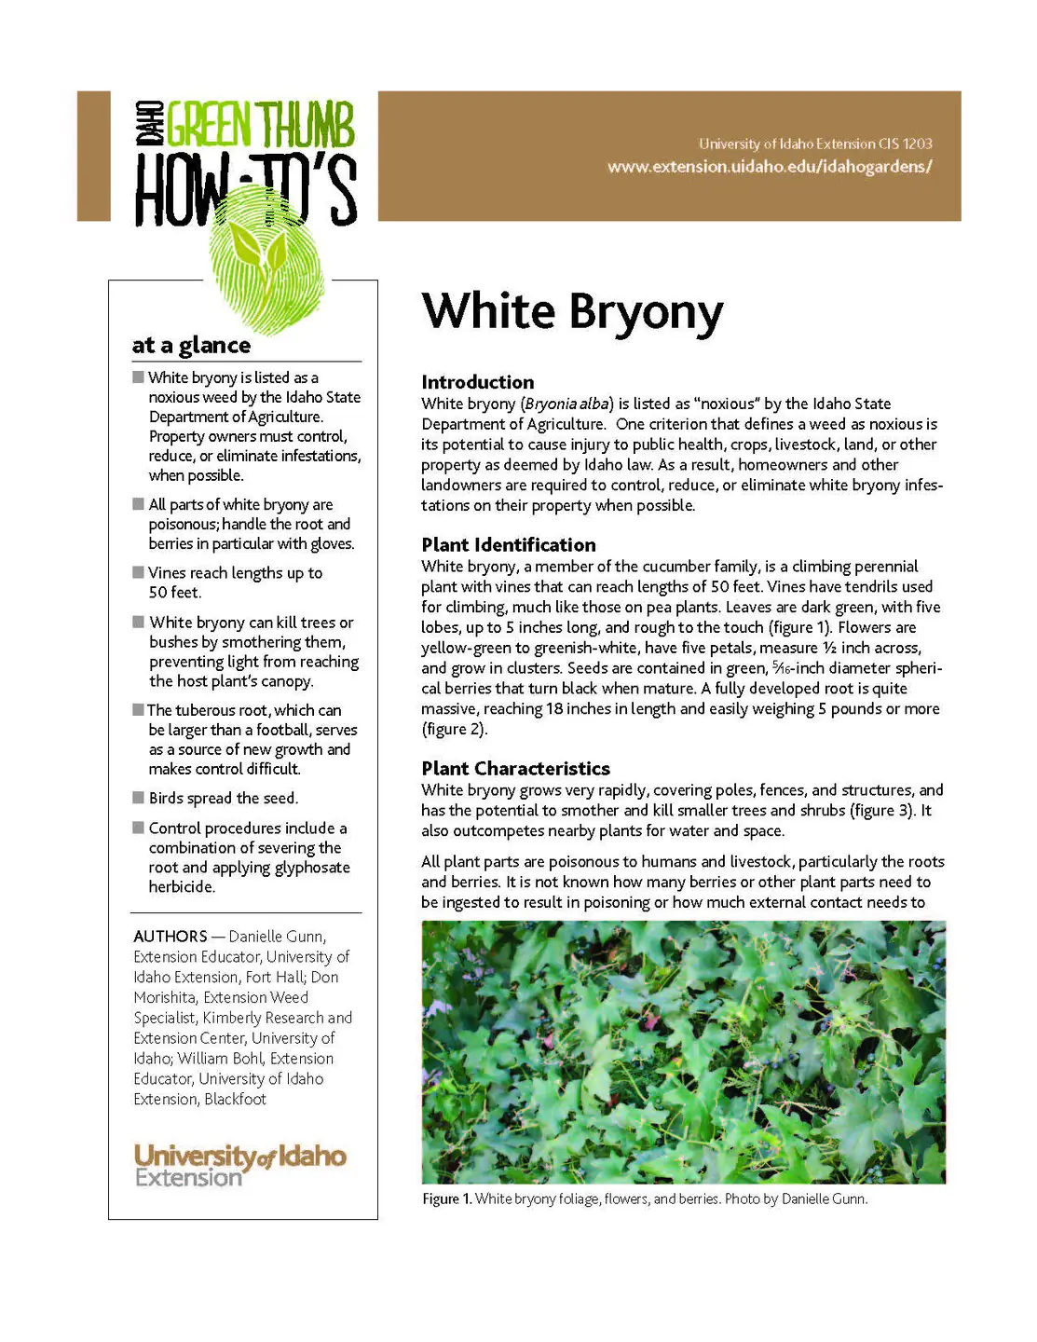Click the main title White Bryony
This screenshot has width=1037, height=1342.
point(572,313)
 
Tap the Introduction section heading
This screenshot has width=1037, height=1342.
point(477,382)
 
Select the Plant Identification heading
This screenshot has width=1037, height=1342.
point(508,545)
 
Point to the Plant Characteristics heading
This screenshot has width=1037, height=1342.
point(515,769)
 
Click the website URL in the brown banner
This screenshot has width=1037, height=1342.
point(770,167)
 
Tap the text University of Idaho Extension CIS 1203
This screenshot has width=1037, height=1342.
point(815,144)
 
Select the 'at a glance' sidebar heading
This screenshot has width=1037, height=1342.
point(191,346)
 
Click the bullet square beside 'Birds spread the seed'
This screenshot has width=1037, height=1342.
point(138,798)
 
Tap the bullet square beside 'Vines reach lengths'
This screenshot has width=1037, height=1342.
point(138,572)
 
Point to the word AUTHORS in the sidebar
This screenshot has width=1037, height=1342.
point(171,937)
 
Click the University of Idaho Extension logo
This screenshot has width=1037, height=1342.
point(239,1165)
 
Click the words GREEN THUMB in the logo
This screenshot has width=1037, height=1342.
point(261,125)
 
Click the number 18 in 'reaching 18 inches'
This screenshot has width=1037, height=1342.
point(554,709)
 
